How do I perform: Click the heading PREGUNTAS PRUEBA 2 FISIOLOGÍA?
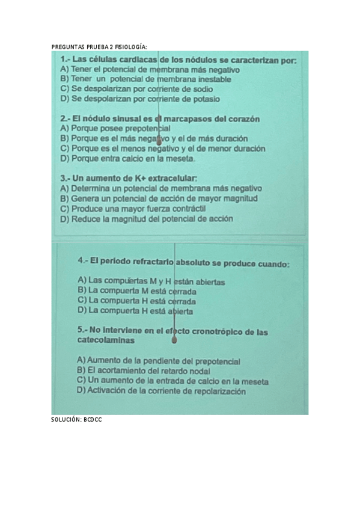coord(99,46)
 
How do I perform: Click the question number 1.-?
coord(66,60)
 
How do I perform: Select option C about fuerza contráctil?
coord(133,209)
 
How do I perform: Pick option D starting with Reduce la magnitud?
coord(147,219)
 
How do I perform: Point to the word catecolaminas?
coord(106,340)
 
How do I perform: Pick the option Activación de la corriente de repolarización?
coord(162,391)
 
